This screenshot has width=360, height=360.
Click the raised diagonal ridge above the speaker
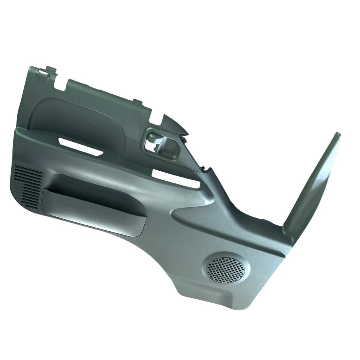(210, 217)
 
